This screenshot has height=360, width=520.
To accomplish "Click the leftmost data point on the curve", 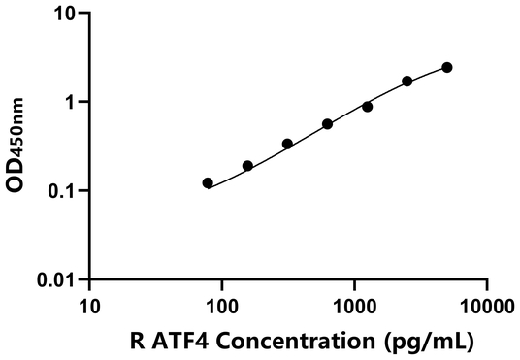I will (x=208, y=182).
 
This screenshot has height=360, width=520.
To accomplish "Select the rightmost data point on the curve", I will (x=447, y=67).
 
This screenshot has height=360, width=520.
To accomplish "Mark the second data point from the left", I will (x=247, y=166).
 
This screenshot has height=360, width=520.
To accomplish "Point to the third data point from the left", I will (x=287, y=144).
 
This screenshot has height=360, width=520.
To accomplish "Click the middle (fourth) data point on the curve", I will (x=327, y=124).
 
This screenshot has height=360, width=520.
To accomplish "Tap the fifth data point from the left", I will (x=367, y=107).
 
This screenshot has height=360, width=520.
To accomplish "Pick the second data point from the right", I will (x=407, y=82).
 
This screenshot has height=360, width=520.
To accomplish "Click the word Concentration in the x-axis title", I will (x=303, y=342).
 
